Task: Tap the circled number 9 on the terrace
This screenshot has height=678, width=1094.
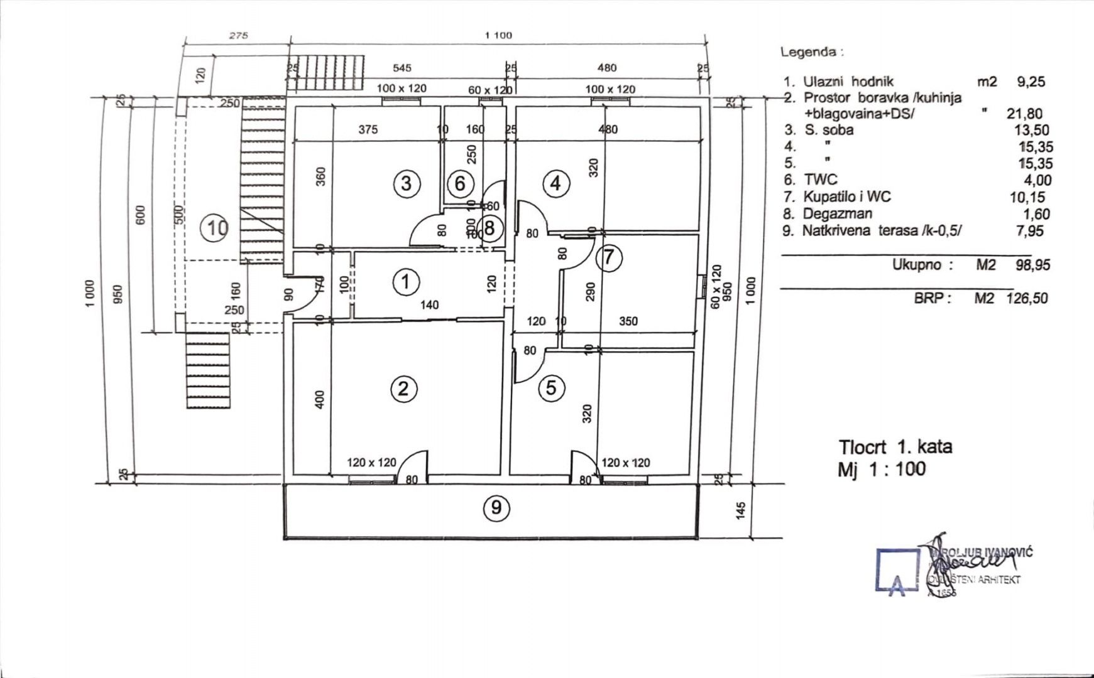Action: pyautogui.click(x=496, y=507)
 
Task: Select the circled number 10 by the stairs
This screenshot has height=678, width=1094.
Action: pyautogui.click(x=215, y=228)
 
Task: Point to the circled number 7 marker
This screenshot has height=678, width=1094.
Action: pyautogui.click(x=608, y=257)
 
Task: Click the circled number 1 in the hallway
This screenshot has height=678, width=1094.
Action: pyautogui.click(x=405, y=282)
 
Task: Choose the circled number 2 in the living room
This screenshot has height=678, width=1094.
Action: pyautogui.click(x=403, y=389)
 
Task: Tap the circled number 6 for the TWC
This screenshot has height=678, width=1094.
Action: pyautogui.click(x=460, y=184)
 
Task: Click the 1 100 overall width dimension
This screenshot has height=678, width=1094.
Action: pyautogui.click(x=498, y=35)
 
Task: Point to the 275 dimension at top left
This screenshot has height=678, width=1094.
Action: pyautogui.click(x=238, y=36)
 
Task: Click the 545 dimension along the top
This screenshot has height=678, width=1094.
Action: pyautogui.click(x=402, y=68)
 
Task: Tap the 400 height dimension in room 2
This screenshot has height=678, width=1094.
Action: pyautogui.click(x=319, y=400)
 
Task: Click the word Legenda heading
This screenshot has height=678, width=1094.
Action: pyautogui.click(x=811, y=52)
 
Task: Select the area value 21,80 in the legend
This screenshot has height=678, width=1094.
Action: pyautogui.click(x=1024, y=114)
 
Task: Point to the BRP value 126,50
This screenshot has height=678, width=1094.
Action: pyautogui.click(x=1027, y=298)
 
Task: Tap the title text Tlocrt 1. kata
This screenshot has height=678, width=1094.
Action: pyautogui.click(x=895, y=447)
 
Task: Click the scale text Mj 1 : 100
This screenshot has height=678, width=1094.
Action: pyautogui.click(x=882, y=468)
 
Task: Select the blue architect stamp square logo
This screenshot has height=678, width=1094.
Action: pyautogui.click(x=899, y=570)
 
